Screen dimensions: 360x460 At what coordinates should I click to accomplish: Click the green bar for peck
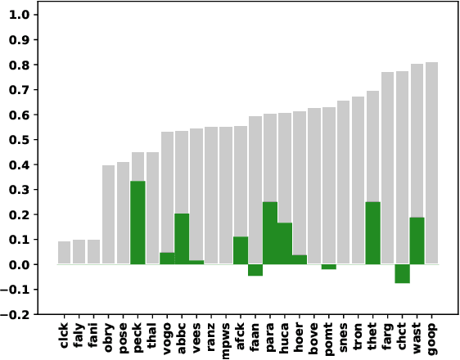pos(138,223)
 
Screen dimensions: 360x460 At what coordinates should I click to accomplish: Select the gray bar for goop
pos(431,164)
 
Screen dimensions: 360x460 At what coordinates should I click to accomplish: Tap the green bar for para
pos(269,233)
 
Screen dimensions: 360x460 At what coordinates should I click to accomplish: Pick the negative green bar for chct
pos(402,273)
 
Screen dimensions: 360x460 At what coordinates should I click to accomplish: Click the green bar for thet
pos(372,233)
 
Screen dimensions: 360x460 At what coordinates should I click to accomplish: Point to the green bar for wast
pos(417,241)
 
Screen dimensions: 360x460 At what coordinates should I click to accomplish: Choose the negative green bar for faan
pos(255,270)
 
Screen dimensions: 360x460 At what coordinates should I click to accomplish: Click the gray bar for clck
pos(64,253)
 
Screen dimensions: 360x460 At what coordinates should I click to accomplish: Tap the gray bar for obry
pos(108,214)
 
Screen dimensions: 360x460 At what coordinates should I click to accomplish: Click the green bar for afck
pos(241,250)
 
